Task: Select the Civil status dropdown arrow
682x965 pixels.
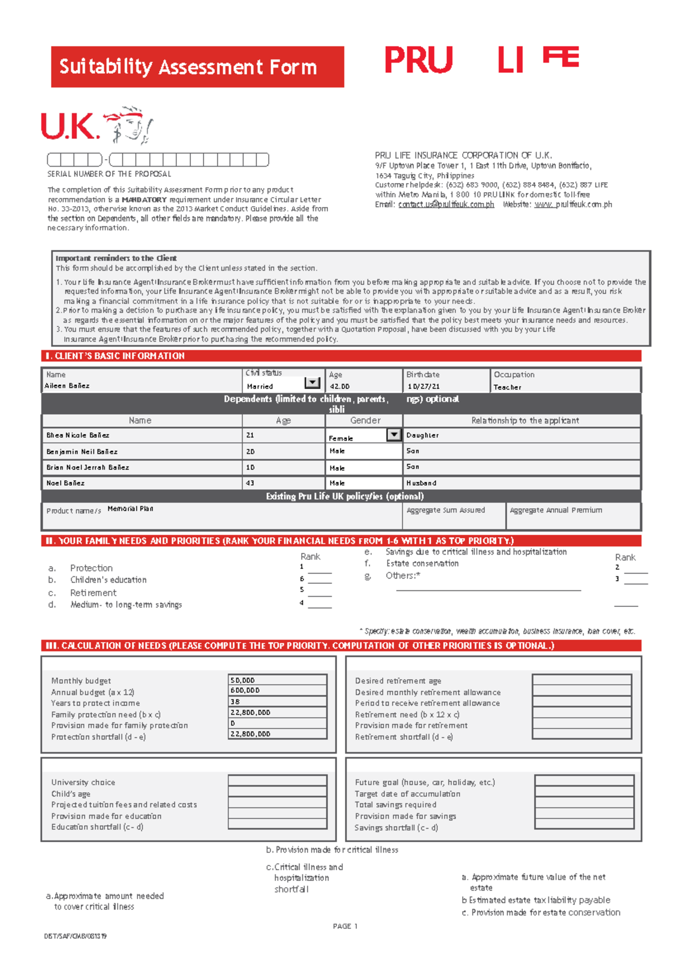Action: [x=312, y=383]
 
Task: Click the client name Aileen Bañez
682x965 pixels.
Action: [x=67, y=386]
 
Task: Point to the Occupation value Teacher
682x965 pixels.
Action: [x=507, y=387]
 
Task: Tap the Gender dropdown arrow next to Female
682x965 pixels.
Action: [x=394, y=435]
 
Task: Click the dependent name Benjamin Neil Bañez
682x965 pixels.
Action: [x=82, y=452]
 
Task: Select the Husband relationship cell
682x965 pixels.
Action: [x=421, y=483]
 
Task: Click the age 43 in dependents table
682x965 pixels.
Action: [x=250, y=483]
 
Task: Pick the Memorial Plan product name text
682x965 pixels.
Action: [x=130, y=509]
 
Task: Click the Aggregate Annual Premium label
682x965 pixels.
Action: [x=555, y=510]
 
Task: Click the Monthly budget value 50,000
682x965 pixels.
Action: [x=243, y=680]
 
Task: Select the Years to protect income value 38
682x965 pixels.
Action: [x=235, y=702]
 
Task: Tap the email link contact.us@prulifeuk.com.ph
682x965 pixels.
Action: [x=446, y=205]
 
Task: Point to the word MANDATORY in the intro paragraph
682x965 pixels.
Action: [x=144, y=200]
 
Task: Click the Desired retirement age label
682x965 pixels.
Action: [x=398, y=681]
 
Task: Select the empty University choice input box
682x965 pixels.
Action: [x=277, y=780]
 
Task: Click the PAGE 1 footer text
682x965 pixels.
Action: [x=345, y=926]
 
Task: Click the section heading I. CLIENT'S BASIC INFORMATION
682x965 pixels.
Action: [x=115, y=356]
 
